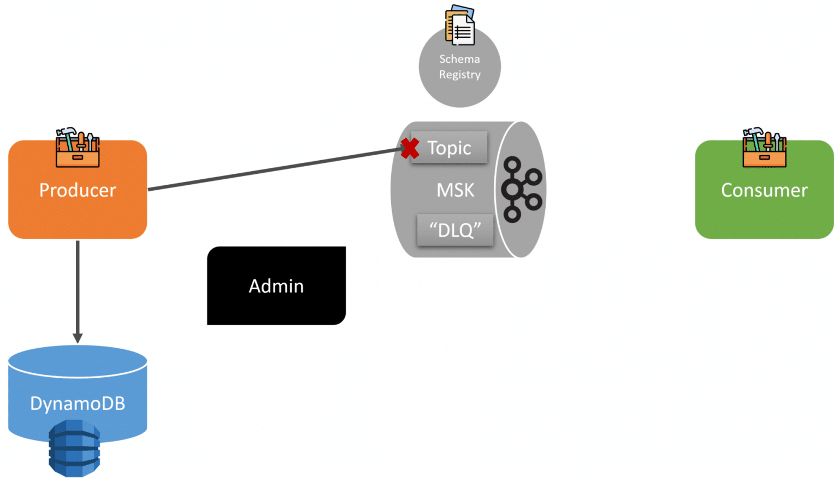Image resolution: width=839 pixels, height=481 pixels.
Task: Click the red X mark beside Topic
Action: coord(410,148)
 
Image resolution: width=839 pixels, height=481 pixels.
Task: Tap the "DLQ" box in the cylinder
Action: coord(455,230)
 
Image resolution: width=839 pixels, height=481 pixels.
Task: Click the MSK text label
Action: coord(455,190)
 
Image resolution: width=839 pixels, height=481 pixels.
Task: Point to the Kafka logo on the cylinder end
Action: coord(521,189)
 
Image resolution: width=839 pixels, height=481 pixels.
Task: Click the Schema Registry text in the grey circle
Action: coord(459,67)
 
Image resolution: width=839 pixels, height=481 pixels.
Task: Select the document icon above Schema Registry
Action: coord(460,25)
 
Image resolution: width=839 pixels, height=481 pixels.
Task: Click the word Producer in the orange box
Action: coord(78,190)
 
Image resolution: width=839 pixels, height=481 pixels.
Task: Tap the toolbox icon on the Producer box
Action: coord(78,149)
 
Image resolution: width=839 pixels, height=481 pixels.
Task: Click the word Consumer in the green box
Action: coord(764,190)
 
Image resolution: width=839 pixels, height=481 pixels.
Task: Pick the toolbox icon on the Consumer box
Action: coord(764,148)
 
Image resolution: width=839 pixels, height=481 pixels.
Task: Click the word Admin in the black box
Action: coord(276,286)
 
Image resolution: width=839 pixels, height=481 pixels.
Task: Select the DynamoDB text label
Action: coord(78,403)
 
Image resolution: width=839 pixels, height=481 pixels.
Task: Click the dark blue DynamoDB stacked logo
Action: coord(74,448)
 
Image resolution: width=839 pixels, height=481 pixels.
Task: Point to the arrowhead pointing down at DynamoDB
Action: coord(78,338)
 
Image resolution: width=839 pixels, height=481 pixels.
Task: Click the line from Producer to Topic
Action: coord(273,169)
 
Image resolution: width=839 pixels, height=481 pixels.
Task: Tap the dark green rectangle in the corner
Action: coord(33,58)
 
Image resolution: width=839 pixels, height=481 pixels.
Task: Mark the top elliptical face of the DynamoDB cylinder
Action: coord(78,360)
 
